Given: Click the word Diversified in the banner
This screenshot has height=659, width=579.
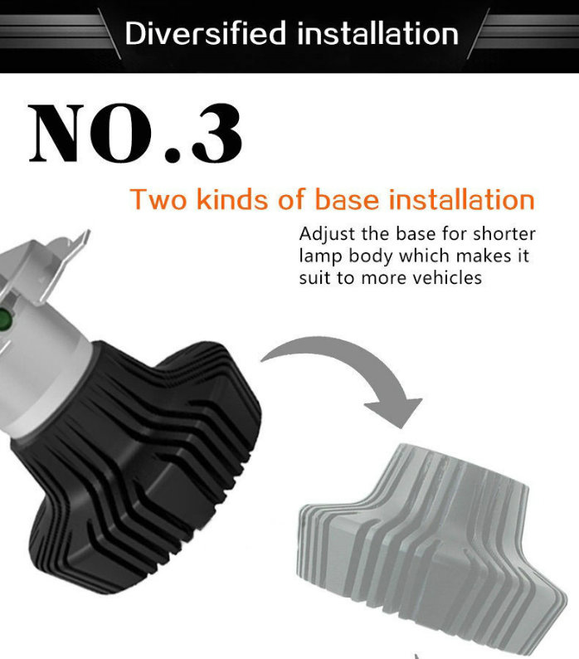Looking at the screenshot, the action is pos(206,33).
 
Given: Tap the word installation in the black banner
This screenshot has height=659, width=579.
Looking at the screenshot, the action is pos(377,33).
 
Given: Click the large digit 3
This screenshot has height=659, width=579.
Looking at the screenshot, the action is pos(217,134).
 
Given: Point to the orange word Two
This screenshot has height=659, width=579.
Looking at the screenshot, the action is pos(158,199).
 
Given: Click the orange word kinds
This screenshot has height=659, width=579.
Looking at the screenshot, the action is pos(232,199).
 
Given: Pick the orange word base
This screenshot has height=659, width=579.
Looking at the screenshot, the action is pos(347,199).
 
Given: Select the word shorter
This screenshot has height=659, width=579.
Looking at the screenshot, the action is pos(504,234).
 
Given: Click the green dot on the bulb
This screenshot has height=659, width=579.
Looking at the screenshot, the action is pos(4,319).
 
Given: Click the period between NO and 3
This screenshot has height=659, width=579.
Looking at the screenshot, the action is pos(173,154).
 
